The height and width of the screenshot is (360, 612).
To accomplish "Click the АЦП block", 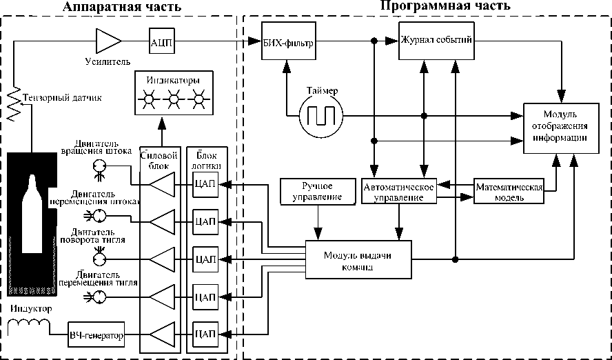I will click(x=161, y=42).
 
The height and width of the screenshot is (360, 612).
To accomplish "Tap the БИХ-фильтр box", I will click(x=288, y=43).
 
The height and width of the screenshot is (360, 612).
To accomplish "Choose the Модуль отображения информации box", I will click(x=559, y=126).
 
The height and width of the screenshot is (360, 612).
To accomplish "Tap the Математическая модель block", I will click(x=509, y=190).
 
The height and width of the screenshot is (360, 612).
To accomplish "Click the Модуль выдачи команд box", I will click(x=358, y=259).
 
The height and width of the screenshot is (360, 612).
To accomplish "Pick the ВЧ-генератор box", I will click(x=96, y=336).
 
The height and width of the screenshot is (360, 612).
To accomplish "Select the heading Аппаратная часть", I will click(x=122, y=7).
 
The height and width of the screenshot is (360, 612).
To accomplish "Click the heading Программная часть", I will click(x=445, y=6).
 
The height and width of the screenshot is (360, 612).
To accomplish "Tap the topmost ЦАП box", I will click(x=206, y=184).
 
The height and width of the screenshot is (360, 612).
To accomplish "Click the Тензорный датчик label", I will click(x=61, y=98).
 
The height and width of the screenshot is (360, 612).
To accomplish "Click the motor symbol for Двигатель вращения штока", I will click(x=99, y=167).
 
